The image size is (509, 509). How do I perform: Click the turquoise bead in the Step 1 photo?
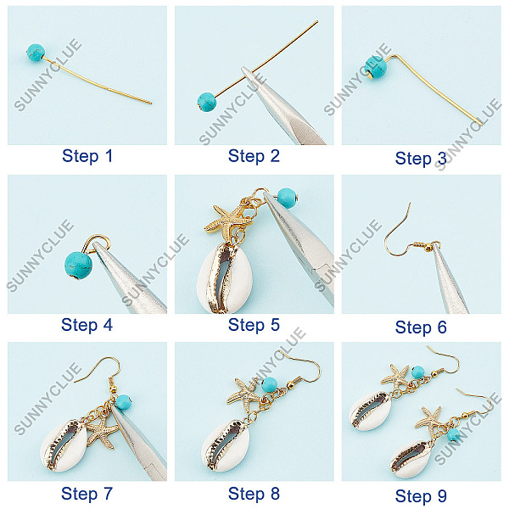[x=36, y=53]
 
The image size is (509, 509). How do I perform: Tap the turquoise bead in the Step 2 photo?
[x=207, y=101]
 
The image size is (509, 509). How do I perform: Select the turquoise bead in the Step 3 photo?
[x=376, y=68]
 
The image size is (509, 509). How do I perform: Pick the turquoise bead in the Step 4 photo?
[x=78, y=266]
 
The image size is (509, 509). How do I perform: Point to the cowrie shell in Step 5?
[x=225, y=279]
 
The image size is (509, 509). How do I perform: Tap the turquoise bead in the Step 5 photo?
[x=287, y=198]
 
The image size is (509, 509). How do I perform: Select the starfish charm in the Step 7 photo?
[x=101, y=432]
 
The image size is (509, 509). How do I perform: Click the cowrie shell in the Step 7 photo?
[x=64, y=446]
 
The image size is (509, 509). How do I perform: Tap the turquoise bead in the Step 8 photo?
[x=269, y=384]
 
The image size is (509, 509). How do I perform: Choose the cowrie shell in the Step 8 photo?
[x=226, y=445]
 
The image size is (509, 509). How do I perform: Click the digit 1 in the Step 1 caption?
[x=109, y=156]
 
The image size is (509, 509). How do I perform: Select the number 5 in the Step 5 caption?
[x=275, y=325]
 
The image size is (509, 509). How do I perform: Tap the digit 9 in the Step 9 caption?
[x=442, y=496]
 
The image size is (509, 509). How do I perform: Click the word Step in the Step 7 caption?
[x=80, y=494]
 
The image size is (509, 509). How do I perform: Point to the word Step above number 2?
[x=246, y=156]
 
